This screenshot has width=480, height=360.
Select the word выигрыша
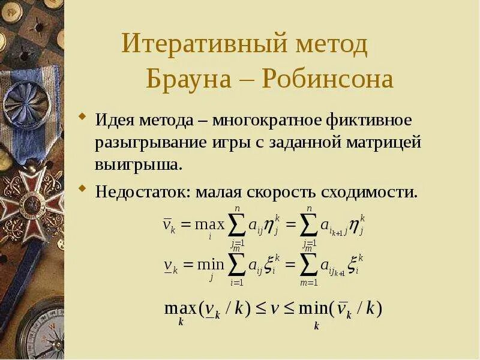[x=137, y=164]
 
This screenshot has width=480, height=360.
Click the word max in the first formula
[x=210, y=225]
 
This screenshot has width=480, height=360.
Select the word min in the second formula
[x=210, y=265]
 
